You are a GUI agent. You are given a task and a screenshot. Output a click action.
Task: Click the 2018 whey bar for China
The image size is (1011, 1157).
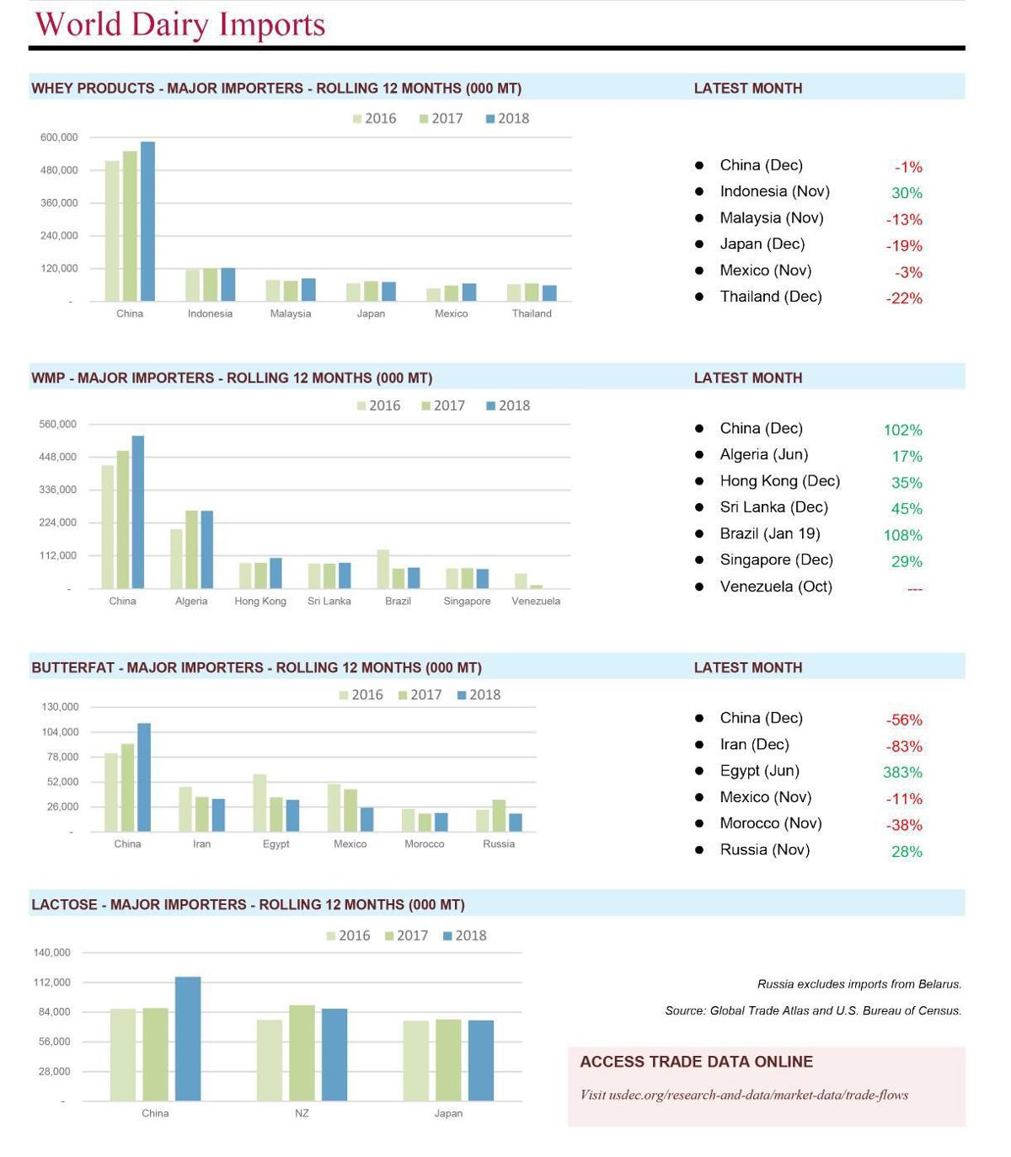tap(147, 222)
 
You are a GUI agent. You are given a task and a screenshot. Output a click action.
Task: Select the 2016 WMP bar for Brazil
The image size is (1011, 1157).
tap(382, 569)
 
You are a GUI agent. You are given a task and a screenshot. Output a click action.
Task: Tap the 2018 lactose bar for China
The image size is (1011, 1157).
tap(188, 1038)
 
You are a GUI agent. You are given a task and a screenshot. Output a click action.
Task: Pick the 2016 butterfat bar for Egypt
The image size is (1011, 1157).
tap(259, 802)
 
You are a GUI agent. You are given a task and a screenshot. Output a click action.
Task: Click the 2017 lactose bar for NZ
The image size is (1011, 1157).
tap(302, 1053)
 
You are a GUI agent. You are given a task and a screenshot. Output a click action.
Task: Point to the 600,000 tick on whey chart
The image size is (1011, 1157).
tap(59, 137)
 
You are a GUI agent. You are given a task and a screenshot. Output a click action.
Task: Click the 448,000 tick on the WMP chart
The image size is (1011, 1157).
tap(57, 457)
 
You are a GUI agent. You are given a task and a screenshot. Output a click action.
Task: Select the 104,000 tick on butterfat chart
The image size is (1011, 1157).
tap(60, 731)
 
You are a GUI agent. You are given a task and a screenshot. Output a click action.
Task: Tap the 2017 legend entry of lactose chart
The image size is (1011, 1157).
tap(406, 935)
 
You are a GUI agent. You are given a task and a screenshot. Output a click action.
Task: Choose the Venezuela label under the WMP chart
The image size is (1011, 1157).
tap(536, 601)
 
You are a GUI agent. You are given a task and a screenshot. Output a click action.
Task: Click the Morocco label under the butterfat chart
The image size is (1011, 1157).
tap(424, 844)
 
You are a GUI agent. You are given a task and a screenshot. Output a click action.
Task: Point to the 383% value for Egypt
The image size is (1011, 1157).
tap(902, 772)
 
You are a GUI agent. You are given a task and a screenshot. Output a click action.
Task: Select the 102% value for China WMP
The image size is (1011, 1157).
tap(902, 430)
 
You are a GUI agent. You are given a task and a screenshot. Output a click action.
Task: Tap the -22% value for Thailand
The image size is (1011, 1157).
tap(904, 298)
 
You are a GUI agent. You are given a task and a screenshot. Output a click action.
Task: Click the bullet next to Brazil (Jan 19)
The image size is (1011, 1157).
tap(699, 533)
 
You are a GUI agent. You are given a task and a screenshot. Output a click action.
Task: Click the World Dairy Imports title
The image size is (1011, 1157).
tap(179, 24)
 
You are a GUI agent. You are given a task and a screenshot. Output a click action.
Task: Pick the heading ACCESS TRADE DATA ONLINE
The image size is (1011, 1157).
tap(696, 1062)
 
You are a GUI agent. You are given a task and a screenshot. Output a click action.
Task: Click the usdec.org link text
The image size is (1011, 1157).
tap(744, 1095)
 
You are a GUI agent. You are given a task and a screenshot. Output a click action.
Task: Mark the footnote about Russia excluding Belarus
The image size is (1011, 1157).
tap(859, 983)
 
